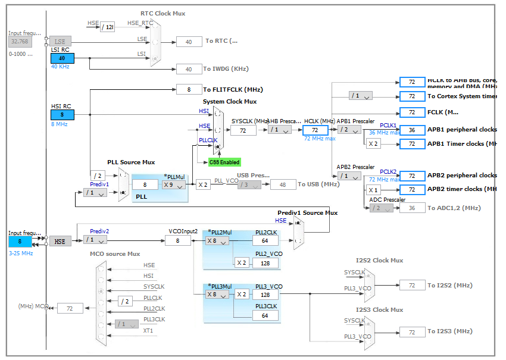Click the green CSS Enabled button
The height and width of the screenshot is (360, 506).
[224, 162]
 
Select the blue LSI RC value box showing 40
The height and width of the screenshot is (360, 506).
[62, 58]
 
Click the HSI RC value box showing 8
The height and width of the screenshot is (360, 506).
[62, 115]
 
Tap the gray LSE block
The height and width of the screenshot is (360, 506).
[60, 41]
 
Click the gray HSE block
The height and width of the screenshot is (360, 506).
[60, 241]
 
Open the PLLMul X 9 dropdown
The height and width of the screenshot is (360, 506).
[173, 184]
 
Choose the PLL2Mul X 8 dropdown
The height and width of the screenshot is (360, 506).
[217, 240]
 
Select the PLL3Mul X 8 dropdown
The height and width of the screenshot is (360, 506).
[217, 294]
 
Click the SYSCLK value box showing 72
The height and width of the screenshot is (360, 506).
[243, 130]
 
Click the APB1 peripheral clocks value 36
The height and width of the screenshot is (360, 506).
[412, 130]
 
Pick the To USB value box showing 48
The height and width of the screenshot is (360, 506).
[283, 184]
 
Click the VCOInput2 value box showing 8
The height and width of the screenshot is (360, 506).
[178, 240]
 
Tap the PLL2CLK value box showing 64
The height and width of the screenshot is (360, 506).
[265, 240]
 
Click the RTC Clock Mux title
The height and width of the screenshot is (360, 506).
[163, 13]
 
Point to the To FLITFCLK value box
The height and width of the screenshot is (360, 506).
[189, 89]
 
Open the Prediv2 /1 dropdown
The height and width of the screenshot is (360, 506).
[95, 240]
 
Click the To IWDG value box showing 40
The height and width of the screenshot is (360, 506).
[189, 69]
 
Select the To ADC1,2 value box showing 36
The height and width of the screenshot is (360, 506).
[412, 208]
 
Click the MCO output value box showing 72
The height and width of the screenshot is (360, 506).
[70, 308]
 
